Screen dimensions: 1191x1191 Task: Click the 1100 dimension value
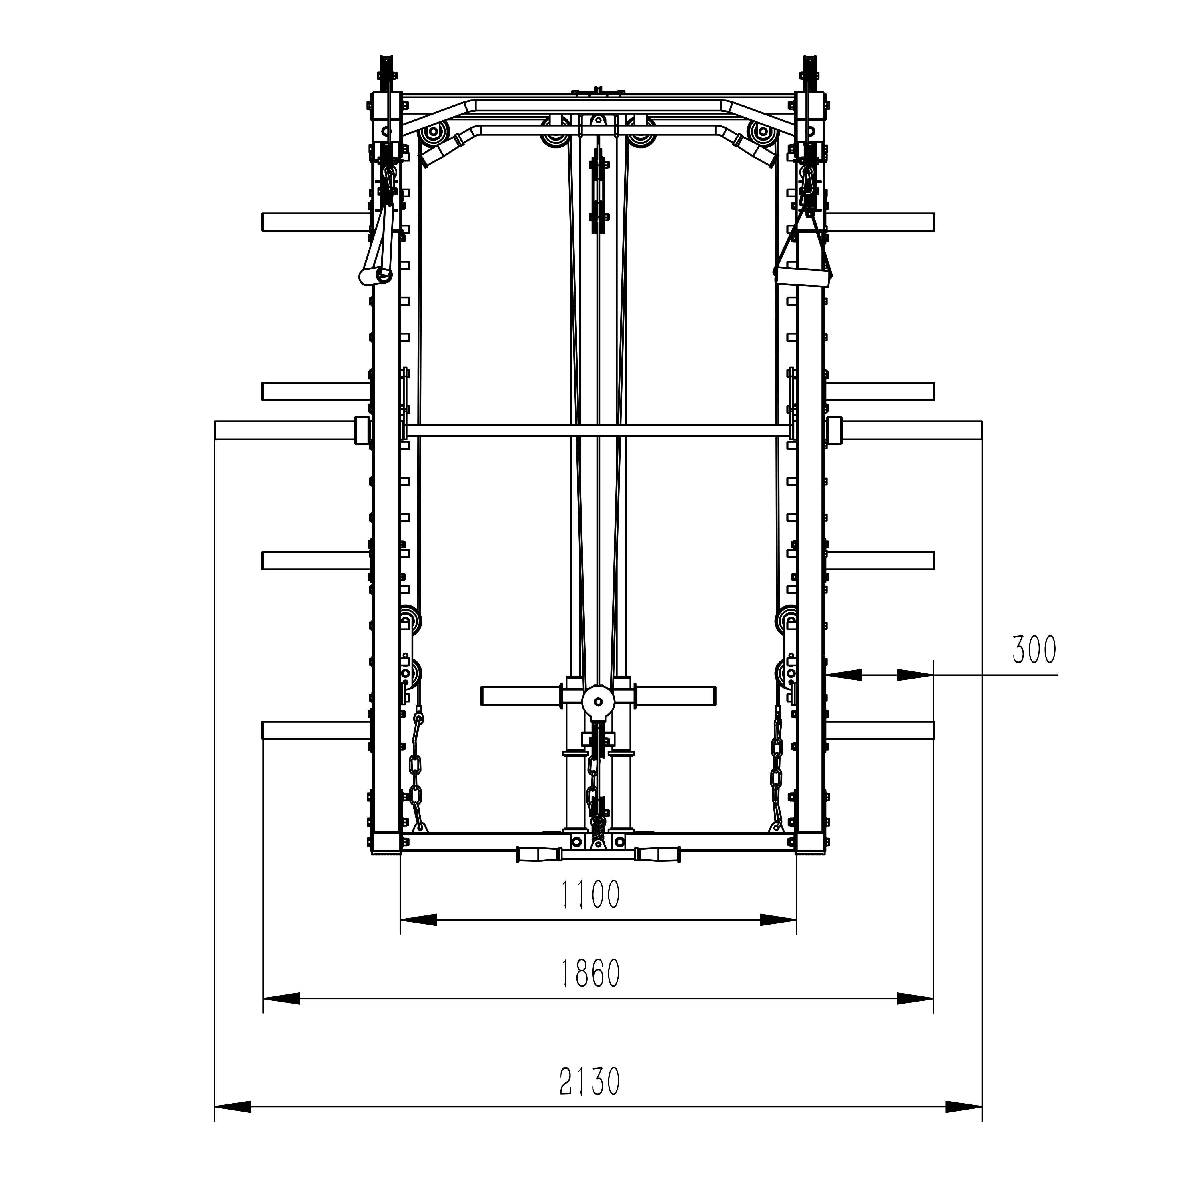pyautogui.click(x=590, y=896)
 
